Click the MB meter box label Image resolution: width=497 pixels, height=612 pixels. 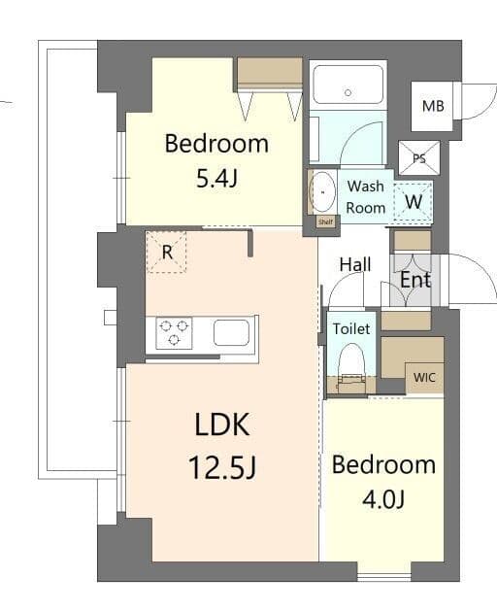point(432,105)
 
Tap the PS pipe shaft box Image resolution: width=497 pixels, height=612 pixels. point(419,157)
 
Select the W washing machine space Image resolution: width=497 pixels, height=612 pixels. point(414,202)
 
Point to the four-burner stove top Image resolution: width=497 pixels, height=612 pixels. point(175,333)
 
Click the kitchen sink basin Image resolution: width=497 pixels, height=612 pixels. point(232,333)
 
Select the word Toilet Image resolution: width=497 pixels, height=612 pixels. point(350,329)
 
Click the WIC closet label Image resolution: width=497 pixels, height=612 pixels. point(424,377)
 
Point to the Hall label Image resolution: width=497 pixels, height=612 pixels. point(354,264)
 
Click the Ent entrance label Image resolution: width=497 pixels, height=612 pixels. point(415,280)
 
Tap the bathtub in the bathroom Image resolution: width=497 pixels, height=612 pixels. point(348,85)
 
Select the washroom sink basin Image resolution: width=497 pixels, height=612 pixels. point(321,192)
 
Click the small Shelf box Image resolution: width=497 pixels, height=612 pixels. point(327,221)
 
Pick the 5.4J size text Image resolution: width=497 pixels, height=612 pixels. point(215,180)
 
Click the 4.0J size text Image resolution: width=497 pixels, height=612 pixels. point(383,499)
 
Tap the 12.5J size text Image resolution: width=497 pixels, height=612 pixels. point(222,468)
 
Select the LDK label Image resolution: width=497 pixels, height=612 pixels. point(222,425)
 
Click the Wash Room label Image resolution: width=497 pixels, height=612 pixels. point(366,196)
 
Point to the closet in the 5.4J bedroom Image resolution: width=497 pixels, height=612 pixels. point(270,75)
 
